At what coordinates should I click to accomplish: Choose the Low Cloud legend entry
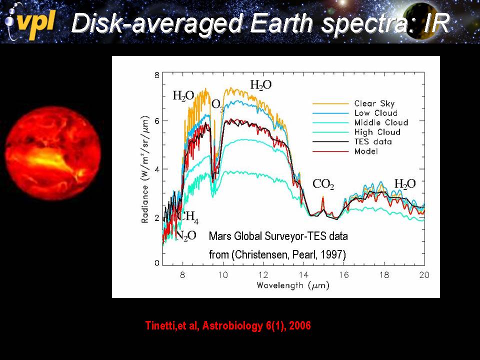(x=376, y=113)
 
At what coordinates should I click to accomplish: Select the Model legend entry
(x=365, y=151)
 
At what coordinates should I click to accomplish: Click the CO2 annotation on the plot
(x=323, y=184)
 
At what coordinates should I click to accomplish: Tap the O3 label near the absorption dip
(x=217, y=105)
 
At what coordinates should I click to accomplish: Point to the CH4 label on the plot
(x=189, y=217)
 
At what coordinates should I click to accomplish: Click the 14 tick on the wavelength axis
(x=303, y=274)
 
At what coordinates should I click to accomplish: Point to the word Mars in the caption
(x=218, y=235)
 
